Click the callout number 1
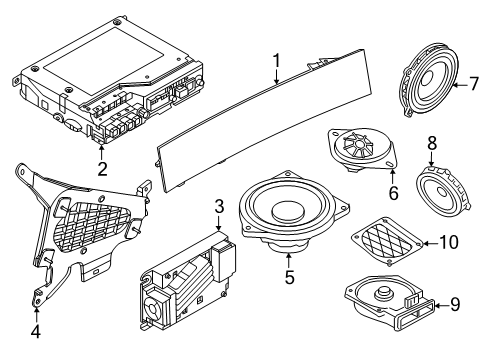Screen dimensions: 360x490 [277, 65]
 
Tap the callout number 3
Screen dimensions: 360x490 [219, 208]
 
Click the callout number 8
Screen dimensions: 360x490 [432, 144]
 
